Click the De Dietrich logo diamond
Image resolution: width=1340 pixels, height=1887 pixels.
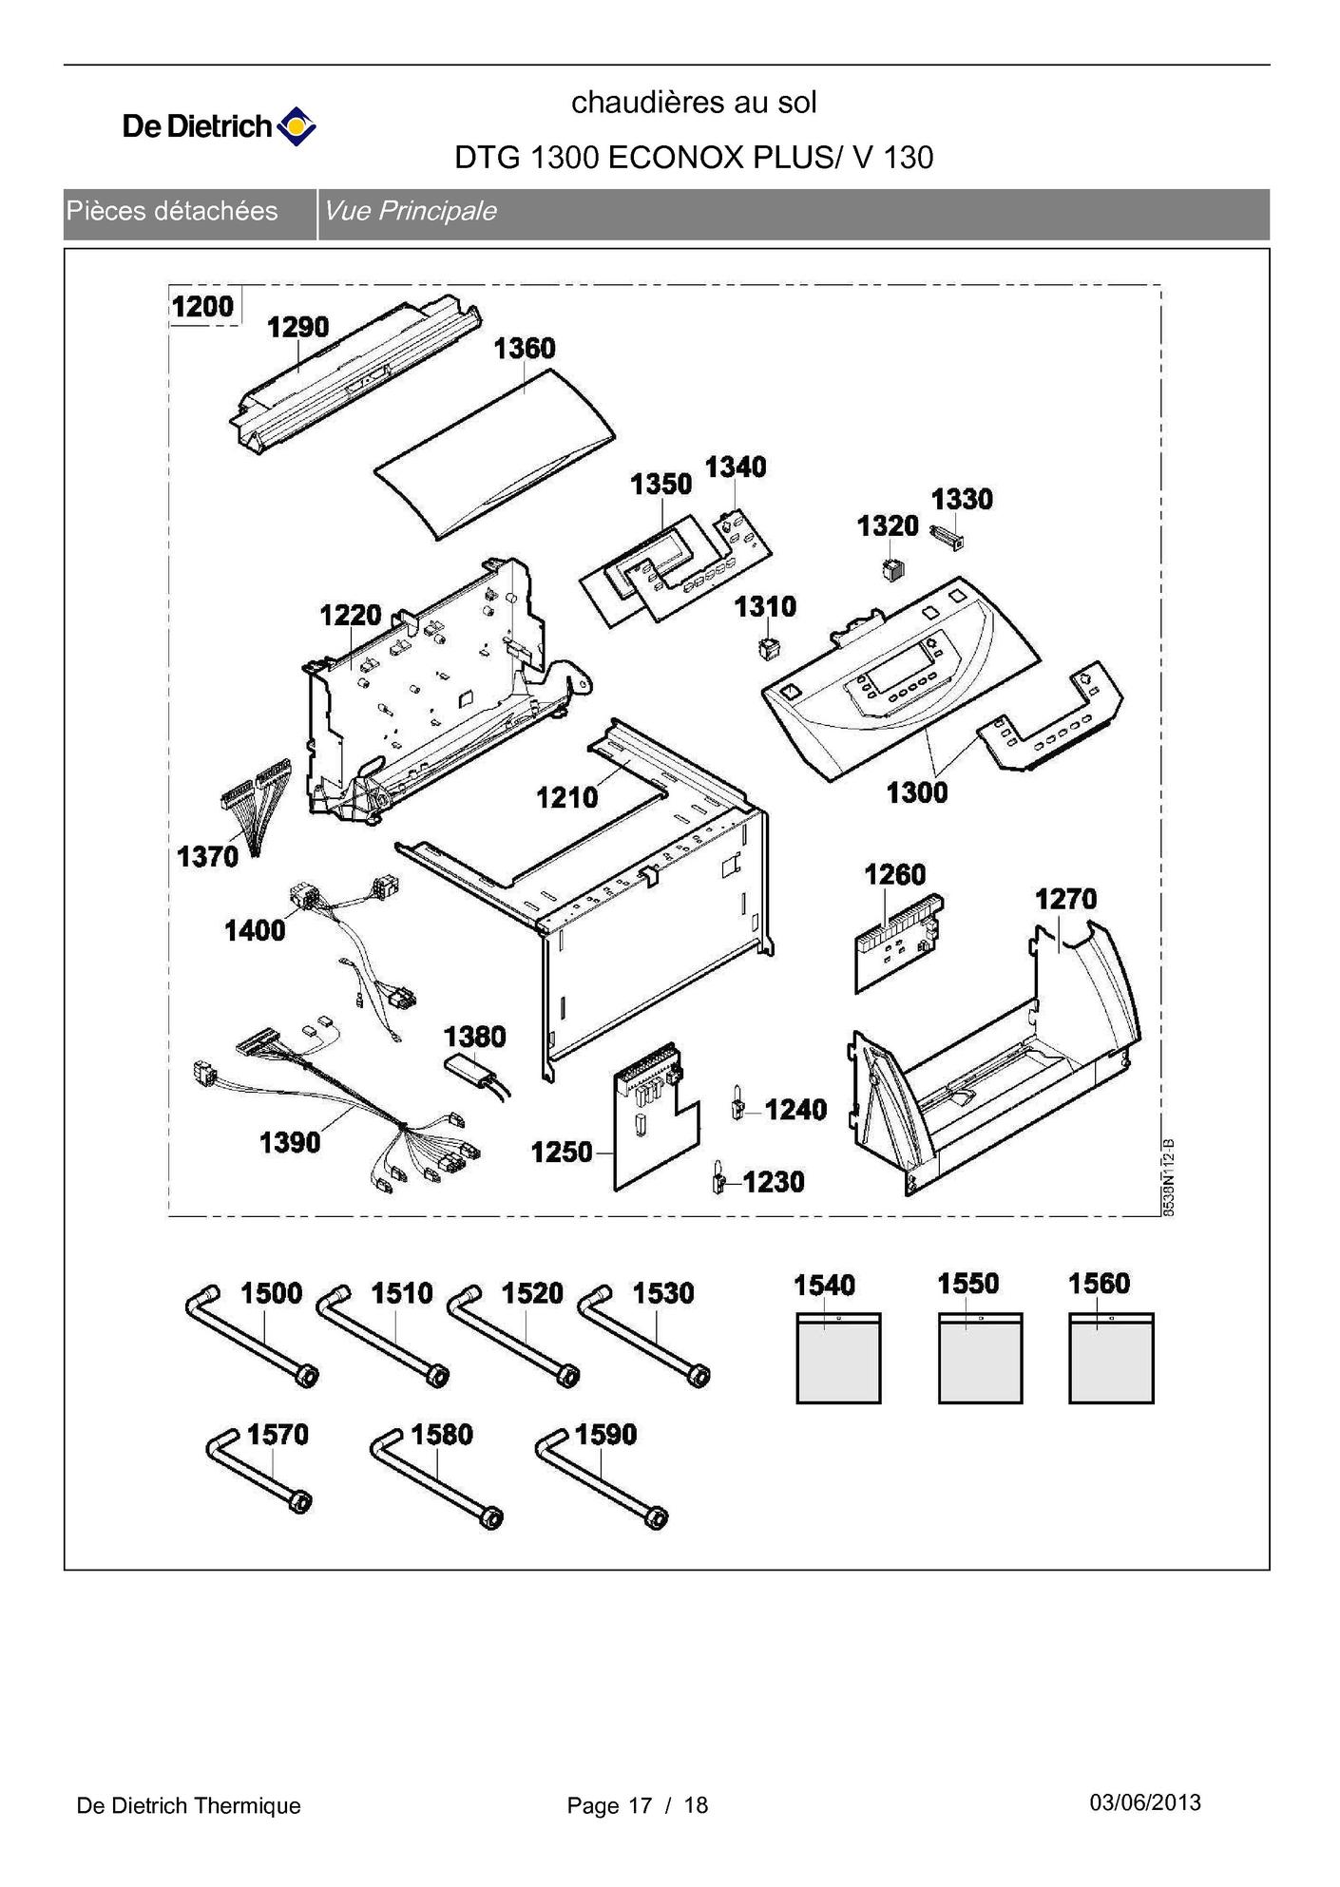tap(297, 125)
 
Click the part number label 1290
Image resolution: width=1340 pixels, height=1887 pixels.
tap(297, 327)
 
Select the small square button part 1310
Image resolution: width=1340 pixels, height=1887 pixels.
tap(768, 650)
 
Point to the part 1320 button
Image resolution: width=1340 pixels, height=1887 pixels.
tap(892, 569)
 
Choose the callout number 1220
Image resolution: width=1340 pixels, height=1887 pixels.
tap(350, 616)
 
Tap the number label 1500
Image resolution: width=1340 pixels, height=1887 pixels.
tap(271, 1293)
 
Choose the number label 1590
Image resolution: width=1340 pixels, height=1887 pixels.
tap(605, 1434)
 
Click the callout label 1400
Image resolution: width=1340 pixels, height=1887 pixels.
tap(255, 930)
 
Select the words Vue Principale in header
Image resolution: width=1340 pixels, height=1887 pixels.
tap(410, 211)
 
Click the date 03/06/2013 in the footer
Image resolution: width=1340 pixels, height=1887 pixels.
tap(1144, 1802)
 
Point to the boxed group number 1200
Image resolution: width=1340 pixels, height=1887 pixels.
tap(202, 307)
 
